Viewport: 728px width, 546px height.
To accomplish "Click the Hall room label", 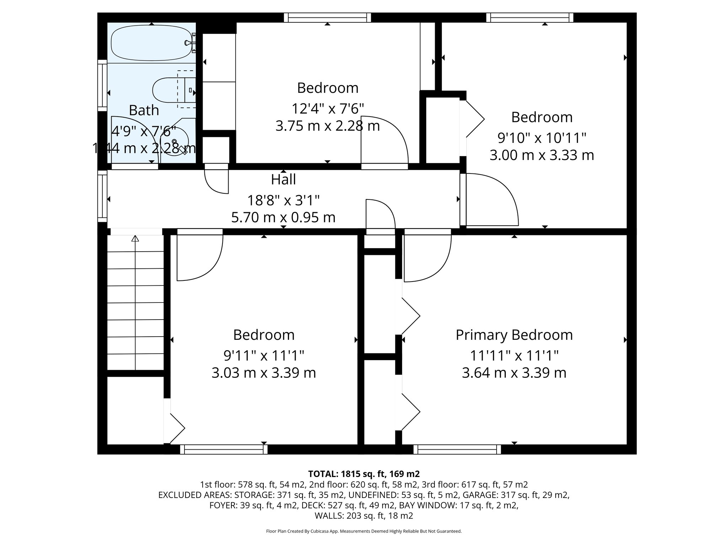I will pos(283,180).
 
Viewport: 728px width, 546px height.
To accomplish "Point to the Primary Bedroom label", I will pos(514,335).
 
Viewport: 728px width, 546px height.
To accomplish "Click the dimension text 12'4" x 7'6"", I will pos(327,108).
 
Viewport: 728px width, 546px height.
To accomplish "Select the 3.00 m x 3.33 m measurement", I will pos(542,155).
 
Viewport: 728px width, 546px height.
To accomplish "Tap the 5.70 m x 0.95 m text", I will pos(283,218).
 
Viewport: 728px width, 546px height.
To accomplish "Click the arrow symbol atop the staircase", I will pos(135,239).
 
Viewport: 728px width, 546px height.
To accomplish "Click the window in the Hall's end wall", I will pos(102,197).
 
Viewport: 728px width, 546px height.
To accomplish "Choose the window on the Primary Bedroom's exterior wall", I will pos(457,450).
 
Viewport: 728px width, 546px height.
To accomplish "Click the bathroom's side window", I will pos(102,85).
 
